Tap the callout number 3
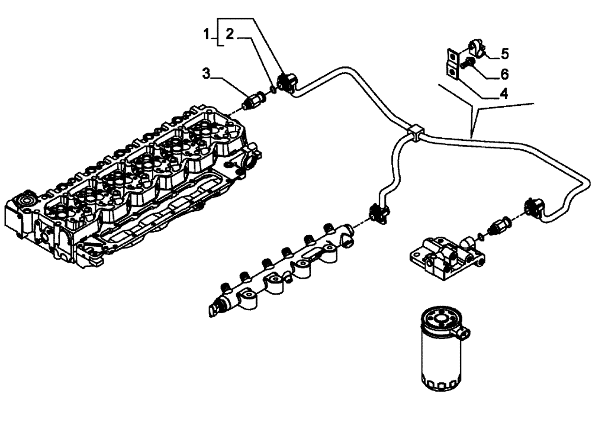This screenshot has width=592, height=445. click(206, 73)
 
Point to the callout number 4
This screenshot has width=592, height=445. click(503, 93)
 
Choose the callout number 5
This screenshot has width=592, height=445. click(504, 54)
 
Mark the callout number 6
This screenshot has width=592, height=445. click(504, 74)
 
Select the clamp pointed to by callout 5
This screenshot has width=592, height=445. click(477, 47)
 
